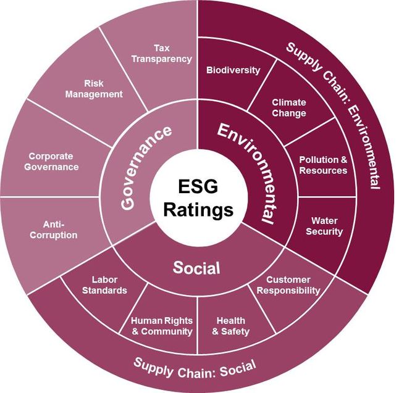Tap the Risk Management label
point(103,88)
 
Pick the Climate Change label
point(289,109)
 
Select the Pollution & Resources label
point(323,165)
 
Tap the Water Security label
point(327,226)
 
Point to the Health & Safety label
point(231,326)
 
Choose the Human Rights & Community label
point(162,326)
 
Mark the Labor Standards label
point(105,285)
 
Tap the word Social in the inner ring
point(196,268)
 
